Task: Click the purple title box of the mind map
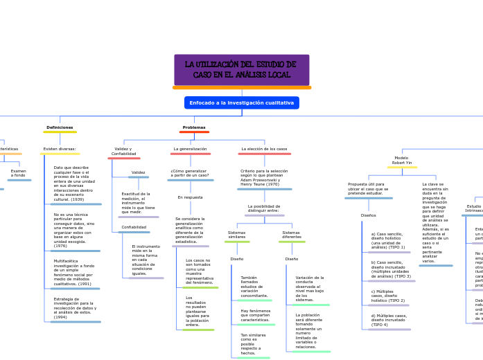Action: (x=241, y=69)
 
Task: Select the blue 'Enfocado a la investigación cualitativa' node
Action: (x=241, y=102)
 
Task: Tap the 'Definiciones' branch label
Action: (x=60, y=127)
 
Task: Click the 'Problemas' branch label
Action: (x=194, y=127)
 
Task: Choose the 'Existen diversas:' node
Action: (x=60, y=149)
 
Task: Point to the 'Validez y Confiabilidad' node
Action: (x=123, y=151)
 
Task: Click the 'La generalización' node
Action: (x=190, y=149)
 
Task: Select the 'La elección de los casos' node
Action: (x=264, y=149)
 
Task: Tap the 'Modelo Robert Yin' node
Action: (x=401, y=160)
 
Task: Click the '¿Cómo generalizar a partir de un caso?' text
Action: (x=190, y=173)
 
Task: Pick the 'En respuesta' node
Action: (x=190, y=197)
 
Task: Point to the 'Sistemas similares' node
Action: (x=236, y=235)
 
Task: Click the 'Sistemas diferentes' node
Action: (x=291, y=235)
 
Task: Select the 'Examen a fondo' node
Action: (x=19, y=173)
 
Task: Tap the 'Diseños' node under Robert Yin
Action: (x=368, y=215)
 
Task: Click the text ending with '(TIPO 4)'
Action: (x=389, y=320)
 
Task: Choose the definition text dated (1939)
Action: (x=74, y=183)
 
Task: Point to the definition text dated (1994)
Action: (x=75, y=308)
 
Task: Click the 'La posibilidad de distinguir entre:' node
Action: (x=264, y=208)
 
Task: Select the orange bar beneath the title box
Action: (x=241, y=88)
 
